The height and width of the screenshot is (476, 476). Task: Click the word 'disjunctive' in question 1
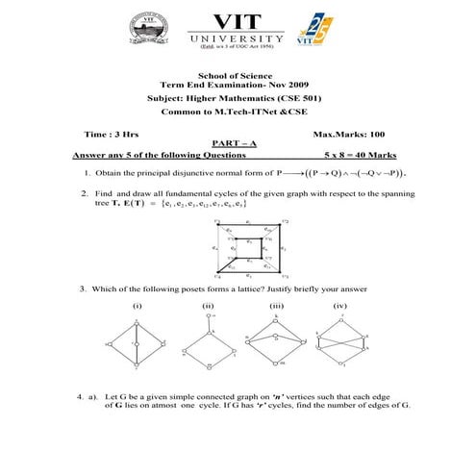pos(197,174)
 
